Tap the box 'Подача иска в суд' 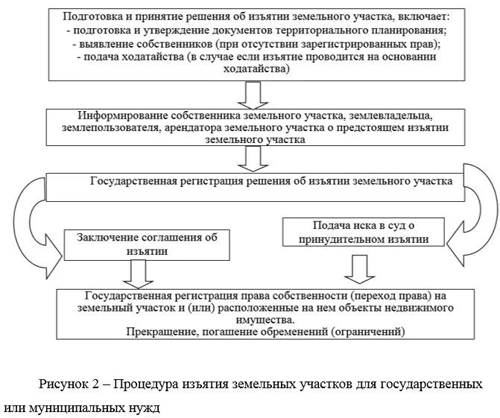pyautogui.click(x=363, y=232)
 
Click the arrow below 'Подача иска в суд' pyautogui.click(x=360, y=267)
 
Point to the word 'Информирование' pyautogui.click(x=121, y=117)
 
